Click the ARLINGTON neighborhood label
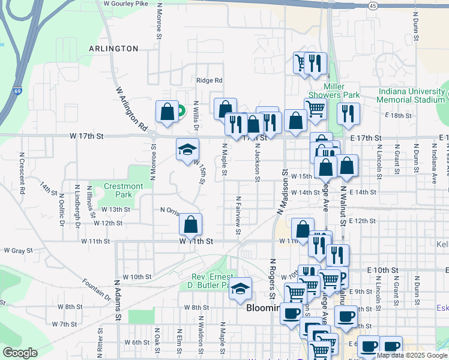click(x=113, y=49)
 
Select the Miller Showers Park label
click(x=333, y=91)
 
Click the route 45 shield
click(x=373, y=5)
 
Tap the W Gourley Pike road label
click(x=125, y=4)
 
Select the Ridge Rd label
click(x=209, y=80)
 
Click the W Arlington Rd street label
click(x=131, y=109)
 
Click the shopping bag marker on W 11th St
click(x=190, y=225)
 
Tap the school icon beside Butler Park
click(x=240, y=289)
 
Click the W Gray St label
click(x=17, y=250)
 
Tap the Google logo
click(x=20, y=353)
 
